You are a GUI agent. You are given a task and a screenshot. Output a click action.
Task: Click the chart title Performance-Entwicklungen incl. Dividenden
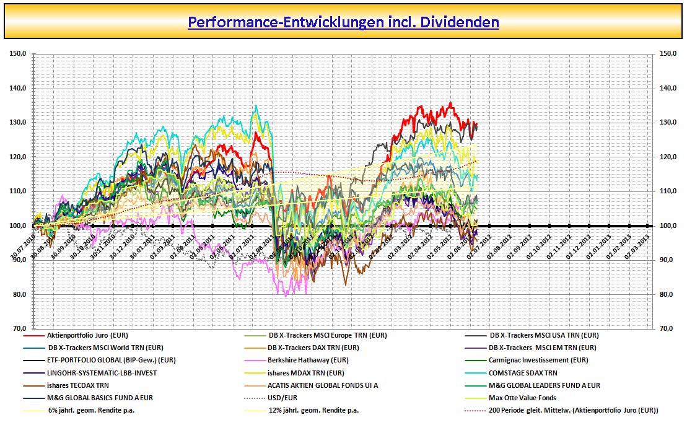tap(343, 22)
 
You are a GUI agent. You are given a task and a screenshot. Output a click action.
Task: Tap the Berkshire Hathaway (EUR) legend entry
tap(308, 360)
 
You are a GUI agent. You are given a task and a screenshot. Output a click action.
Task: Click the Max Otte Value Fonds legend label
tap(522, 398)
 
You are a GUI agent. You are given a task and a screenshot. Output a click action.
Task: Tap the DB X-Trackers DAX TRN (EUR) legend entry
tap(313, 348)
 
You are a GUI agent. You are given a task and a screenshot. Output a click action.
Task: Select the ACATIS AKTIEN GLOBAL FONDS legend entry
tap(323, 385)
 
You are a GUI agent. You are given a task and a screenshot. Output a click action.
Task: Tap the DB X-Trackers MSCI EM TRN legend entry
tap(543, 348)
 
